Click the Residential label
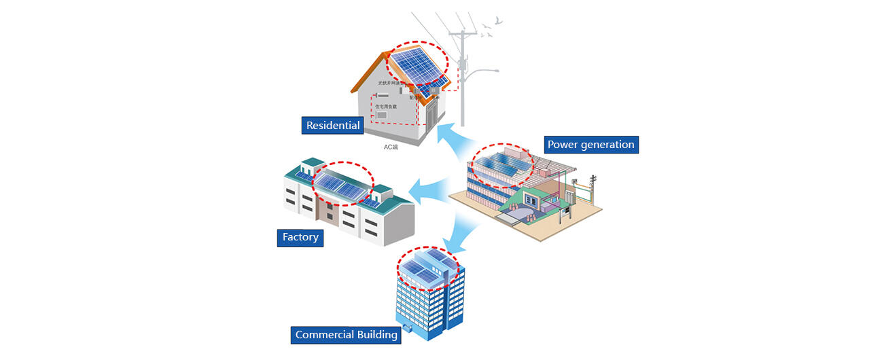pos(332,126)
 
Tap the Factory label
pos(300,237)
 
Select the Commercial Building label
pos(346,335)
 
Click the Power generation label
pos(590,145)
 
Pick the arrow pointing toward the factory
pos(428,189)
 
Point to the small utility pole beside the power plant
pos(593,187)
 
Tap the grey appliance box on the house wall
pos(382,116)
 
